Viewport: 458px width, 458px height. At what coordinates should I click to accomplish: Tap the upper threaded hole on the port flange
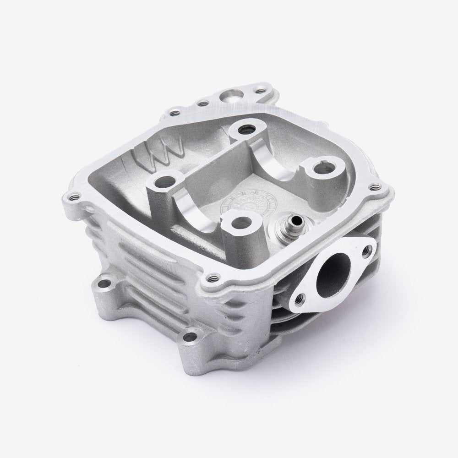tap(366, 250)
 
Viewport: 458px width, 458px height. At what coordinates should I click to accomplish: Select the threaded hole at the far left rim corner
tap(76, 198)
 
